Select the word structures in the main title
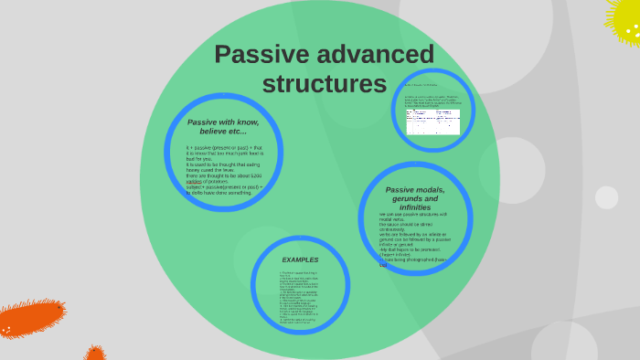325,84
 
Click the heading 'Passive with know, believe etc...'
223,126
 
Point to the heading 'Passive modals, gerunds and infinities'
415,198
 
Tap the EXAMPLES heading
300,259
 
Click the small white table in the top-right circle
432,122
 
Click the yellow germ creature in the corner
625,20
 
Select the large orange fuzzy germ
32,318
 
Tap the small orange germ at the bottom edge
94,353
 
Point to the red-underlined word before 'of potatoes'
194,181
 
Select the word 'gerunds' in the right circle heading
415,198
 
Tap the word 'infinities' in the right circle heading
415,207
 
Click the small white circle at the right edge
606,197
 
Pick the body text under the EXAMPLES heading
300,297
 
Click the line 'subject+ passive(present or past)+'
224,186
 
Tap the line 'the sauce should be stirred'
406,224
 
